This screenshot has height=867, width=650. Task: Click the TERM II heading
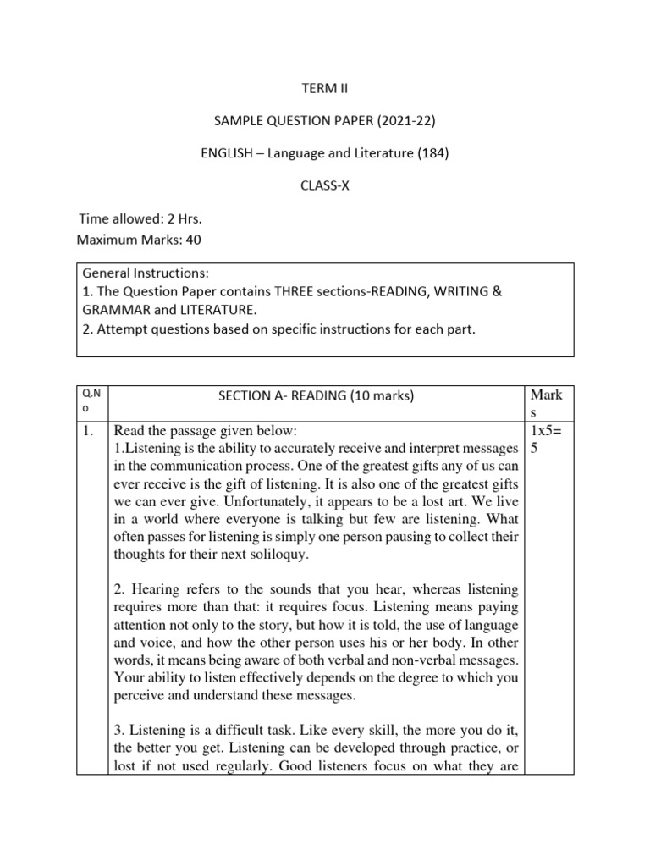[x=324, y=87]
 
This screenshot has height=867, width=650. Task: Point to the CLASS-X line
[x=324, y=186]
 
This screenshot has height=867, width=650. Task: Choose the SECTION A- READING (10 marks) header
[x=315, y=395]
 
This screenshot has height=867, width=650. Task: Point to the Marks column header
[x=546, y=402]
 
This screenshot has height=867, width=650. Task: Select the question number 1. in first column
[x=89, y=430]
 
